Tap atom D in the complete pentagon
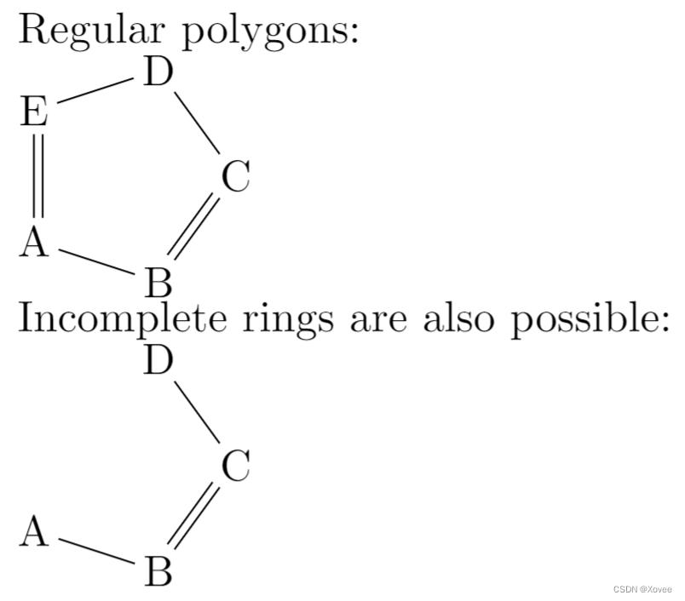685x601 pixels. [158, 74]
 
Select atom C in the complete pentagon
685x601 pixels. [235, 179]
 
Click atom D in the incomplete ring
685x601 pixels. [158, 362]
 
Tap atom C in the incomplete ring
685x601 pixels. [235, 466]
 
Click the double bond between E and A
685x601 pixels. [35, 177]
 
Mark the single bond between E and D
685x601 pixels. [95, 93]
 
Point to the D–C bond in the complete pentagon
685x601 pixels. [197, 126]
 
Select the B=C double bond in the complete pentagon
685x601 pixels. [194, 228]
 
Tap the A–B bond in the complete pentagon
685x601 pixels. [96, 262]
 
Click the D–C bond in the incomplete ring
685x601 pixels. [197, 414]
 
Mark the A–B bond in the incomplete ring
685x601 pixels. [96, 551]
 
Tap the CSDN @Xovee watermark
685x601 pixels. [642, 589]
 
